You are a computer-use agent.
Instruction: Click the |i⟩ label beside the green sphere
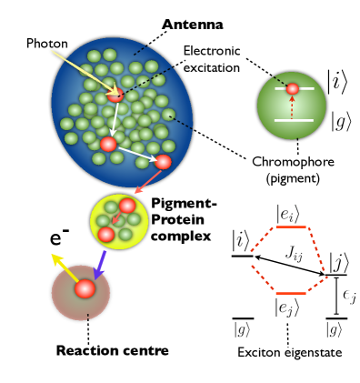tap(337, 81)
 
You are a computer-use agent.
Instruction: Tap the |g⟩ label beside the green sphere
tap(341, 121)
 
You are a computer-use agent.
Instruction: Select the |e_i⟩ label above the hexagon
tap(289, 213)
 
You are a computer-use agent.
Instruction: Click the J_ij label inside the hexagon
tap(294, 254)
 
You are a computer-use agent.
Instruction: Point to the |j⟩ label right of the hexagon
tap(340, 262)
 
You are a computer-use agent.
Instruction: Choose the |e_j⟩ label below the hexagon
tap(288, 307)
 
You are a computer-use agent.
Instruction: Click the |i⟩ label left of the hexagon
tap(240, 240)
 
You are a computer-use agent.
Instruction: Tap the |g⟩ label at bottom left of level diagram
tap(242, 329)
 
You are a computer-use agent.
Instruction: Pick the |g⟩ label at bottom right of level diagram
tap(334, 329)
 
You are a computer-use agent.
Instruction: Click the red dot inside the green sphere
tap(293, 89)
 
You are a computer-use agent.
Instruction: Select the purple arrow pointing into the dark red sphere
tap(100, 265)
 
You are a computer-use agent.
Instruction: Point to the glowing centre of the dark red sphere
tap(85, 289)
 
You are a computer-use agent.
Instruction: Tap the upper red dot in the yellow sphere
tap(127, 206)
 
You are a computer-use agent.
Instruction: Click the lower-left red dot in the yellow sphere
tap(106, 235)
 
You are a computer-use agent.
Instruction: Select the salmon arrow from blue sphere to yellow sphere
tap(147, 181)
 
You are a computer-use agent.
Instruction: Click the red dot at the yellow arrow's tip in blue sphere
tap(116, 94)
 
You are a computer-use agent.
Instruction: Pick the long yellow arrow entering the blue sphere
tap(82, 70)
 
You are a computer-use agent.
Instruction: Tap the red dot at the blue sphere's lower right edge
tap(163, 162)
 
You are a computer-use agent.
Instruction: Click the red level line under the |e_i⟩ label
tap(290, 227)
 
